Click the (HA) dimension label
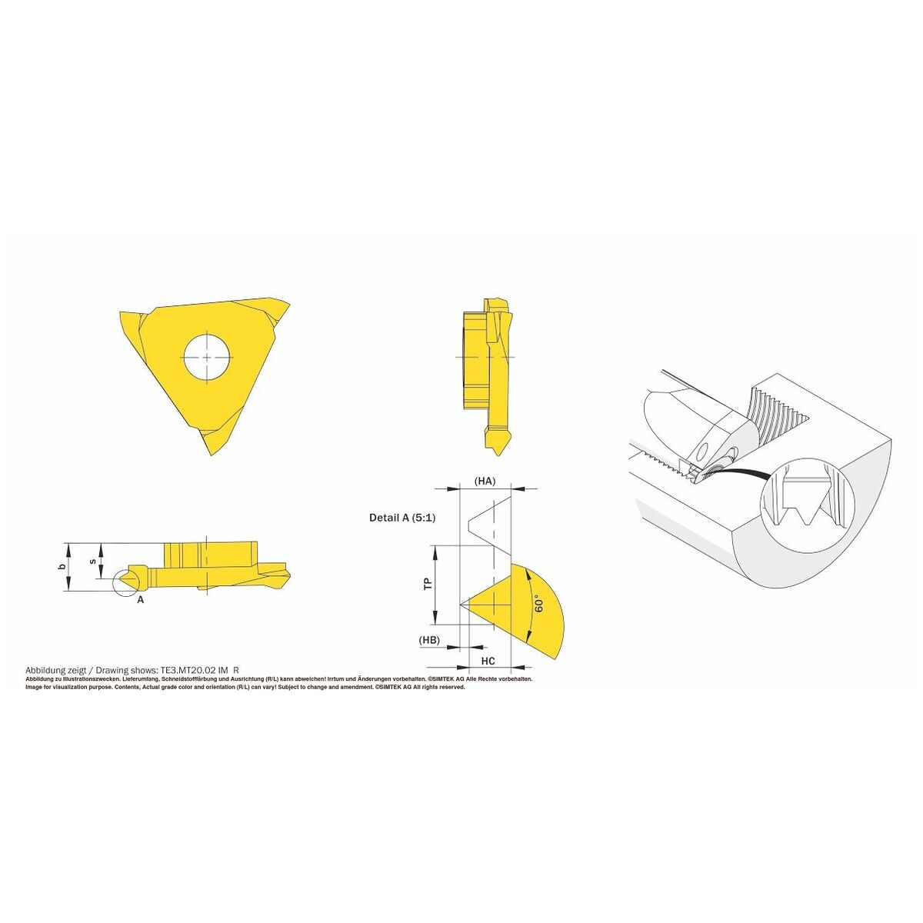(485, 481)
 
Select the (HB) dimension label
(429, 639)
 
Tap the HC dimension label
(488, 661)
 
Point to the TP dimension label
(427, 583)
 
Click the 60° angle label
(538, 604)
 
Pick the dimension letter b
(62, 567)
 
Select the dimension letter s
(93, 561)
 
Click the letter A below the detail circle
(140, 600)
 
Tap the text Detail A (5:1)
(402, 518)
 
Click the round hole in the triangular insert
(207, 358)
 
